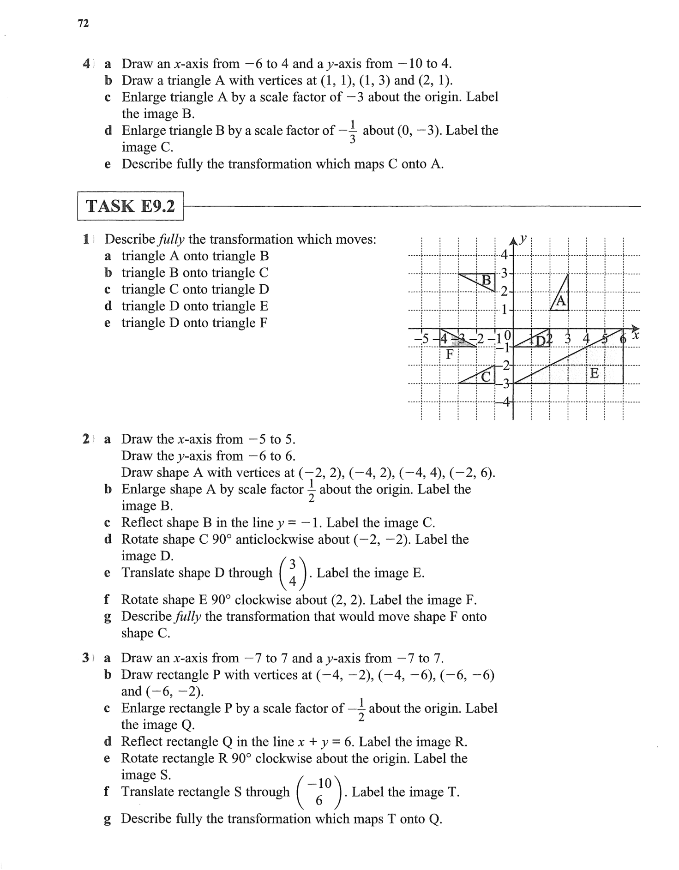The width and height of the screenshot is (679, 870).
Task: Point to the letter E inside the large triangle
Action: click(x=595, y=373)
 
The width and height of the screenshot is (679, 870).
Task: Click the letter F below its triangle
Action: click(x=450, y=354)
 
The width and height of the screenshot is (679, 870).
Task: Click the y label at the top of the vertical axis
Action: click(x=523, y=239)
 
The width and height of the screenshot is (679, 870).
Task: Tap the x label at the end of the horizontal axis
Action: click(x=636, y=336)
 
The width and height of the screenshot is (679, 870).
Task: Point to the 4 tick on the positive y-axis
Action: click(x=505, y=254)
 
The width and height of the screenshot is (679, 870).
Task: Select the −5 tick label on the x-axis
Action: click(x=421, y=339)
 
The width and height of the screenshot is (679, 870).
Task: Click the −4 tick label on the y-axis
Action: click(x=505, y=402)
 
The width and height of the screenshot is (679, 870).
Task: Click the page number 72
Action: click(x=84, y=24)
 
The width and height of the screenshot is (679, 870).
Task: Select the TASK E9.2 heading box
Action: click(x=130, y=206)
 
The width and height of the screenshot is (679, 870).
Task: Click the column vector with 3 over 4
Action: click(x=292, y=573)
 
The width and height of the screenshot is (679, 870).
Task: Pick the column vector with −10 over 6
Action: click(x=319, y=792)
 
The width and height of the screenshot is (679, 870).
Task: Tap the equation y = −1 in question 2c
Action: click(x=298, y=523)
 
